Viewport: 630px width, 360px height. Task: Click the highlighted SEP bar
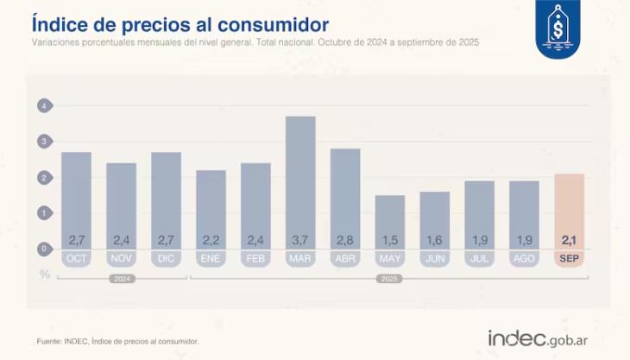(x=570, y=212)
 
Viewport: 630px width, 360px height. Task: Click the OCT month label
(x=76, y=258)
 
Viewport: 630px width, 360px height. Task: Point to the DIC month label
(x=166, y=258)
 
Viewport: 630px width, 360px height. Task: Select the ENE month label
(x=211, y=258)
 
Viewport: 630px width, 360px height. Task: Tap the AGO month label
(x=525, y=258)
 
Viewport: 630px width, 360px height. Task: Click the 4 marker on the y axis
(x=44, y=105)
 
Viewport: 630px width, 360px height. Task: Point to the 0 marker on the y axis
(x=44, y=249)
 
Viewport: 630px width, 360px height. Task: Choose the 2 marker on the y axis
(x=44, y=177)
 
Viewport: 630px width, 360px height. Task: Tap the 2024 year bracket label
(x=121, y=279)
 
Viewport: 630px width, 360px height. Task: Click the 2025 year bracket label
(x=390, y=279)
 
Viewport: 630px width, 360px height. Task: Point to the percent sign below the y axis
(x=44, y=274)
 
